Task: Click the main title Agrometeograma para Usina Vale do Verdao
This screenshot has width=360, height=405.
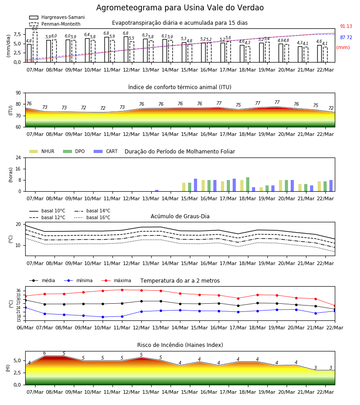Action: click(180, 8)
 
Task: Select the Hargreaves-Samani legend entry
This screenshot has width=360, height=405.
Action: click(57, 17)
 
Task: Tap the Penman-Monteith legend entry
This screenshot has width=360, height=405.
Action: click(55, 24)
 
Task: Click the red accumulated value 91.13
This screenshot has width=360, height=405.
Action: click(346, 27)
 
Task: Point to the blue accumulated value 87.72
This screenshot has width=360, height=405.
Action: click(346, 37)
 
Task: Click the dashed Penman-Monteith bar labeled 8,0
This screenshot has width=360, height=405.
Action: click(35, 47)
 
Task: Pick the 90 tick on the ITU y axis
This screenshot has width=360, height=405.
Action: click(18, 93)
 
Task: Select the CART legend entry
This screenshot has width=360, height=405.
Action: click(106, 151)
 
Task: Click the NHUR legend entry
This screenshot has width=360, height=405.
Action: click(42, 151)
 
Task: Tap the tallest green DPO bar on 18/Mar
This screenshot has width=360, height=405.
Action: click(247, 184)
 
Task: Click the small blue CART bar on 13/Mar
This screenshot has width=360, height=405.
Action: click(157, 191)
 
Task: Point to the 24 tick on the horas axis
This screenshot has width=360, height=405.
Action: click(18, 158)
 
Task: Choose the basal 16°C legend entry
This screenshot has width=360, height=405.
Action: click(92, 217)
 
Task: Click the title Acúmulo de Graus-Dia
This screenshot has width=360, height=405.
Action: click(180, 216)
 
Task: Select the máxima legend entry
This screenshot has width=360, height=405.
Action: click(116, 280)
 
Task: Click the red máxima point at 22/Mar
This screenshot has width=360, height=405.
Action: click(335, 306)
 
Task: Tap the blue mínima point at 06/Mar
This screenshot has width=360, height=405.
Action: click(25, 308)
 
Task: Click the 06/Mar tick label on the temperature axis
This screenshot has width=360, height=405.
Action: click(25, 328)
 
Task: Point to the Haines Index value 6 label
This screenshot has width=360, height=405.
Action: click(45, 353)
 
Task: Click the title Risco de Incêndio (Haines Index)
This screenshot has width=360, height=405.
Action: click(180, 345)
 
